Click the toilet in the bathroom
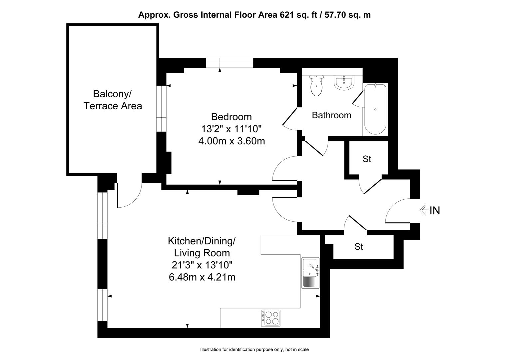[x=316, y=86]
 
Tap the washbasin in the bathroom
[x=344, y=83]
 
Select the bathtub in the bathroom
[x=375, y=109]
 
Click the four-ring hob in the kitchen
[x=270, y=318]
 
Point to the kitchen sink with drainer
[x=310, y=273]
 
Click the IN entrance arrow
[x=424, y=210]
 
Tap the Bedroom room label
[x=231, y=117]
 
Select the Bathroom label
[x=331, y=115]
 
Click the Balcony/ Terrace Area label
[x=113, y=100]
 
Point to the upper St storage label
[x=367, y=159]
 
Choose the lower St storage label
[x=358, y=247]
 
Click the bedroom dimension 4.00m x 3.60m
[x=232, y=141]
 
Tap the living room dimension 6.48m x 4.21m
[x=202, y=277]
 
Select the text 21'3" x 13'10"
[x=202, y=265]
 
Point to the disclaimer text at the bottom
[x=254, y=350]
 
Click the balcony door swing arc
[x=134, y=200]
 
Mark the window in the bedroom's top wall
[x=229, y=63]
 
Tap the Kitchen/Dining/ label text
[x=202, y=241]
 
